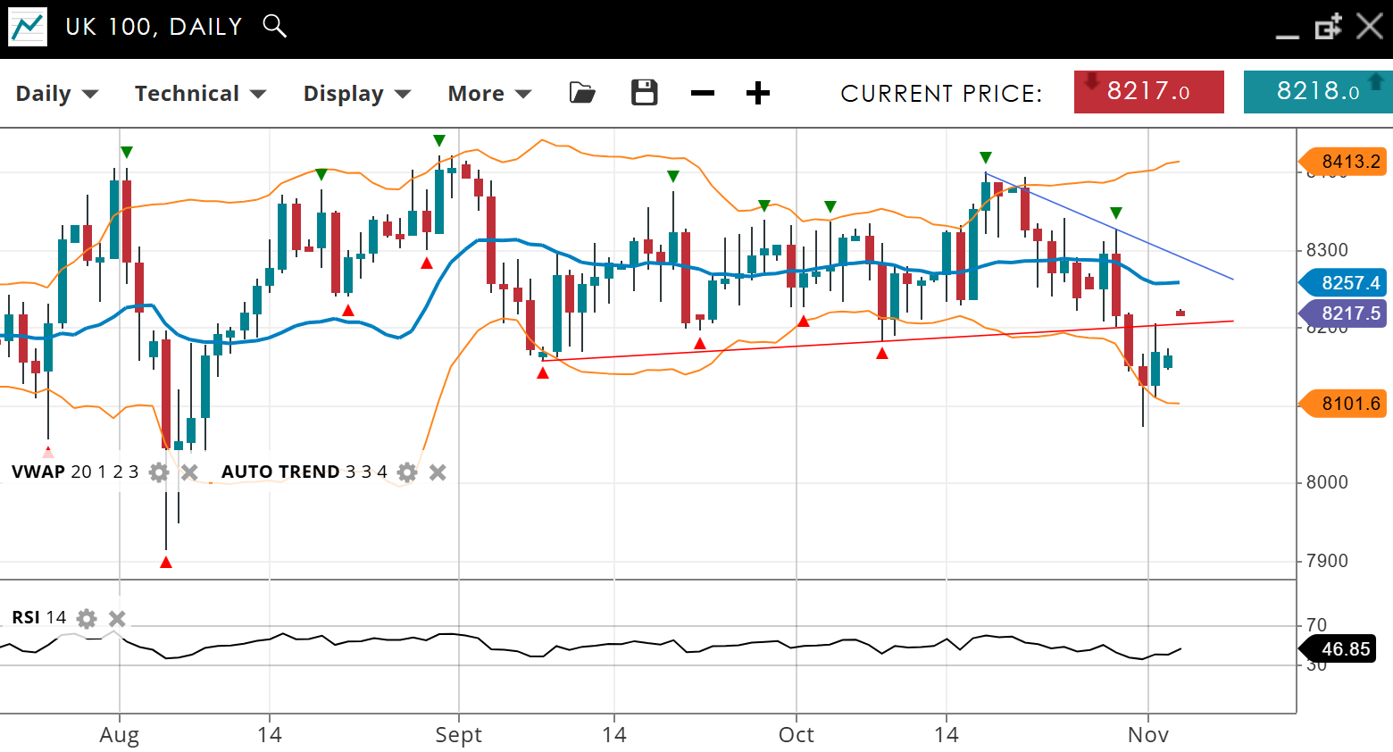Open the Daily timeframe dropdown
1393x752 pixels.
click(x=56, y=94)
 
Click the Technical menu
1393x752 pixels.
click(x=200, y=94)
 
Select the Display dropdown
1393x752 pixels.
click(x=356, y=94)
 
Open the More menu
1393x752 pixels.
click(x=489, y=94)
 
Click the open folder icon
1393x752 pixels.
click(x=582, y=93)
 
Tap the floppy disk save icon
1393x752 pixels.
click(x=644, y=93)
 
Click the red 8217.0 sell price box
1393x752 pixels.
click(x=1148, y=92)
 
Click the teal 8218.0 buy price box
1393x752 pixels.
click(x=1317, y=92)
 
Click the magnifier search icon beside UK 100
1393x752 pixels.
click(x=275, y=26)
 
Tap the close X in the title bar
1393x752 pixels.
click(x=1369, y=26)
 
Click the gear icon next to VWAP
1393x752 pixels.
click(x=159, y=472)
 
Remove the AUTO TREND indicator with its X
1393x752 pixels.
click(x=438, y=472)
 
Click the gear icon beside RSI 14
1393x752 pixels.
click(x=87, y=618)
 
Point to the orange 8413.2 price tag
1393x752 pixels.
click(x=1345, y=162)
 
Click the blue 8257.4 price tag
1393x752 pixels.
click(x=1345, y=283)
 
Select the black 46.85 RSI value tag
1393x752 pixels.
click(x=1339, y=649)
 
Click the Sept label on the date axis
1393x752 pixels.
click(x=458, y=735)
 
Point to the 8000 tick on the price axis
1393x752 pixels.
click(x=1326, y=482)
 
